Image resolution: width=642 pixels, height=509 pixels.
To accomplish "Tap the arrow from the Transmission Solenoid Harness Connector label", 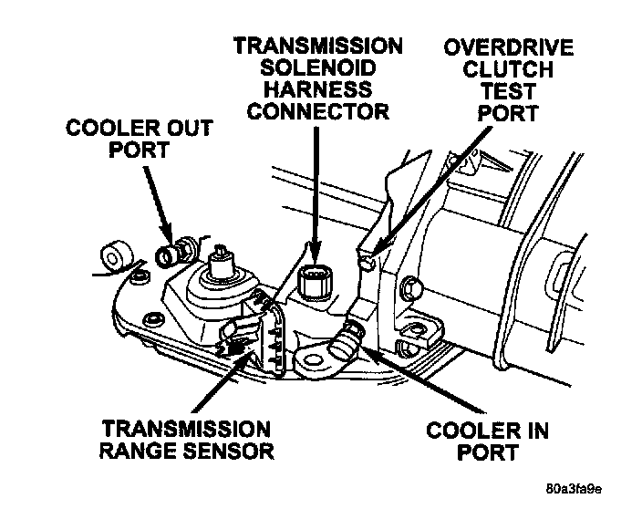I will coord(316,192).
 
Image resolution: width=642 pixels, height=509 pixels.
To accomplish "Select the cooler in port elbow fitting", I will coord(347,339).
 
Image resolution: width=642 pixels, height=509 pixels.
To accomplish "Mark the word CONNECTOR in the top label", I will coord(318,113).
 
